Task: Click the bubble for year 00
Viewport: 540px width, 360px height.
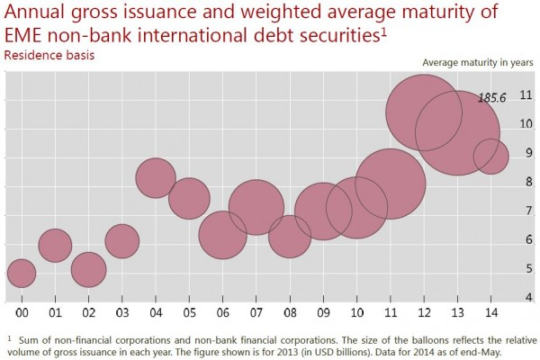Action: (x=21, y=272)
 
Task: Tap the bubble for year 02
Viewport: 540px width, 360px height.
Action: (x=88, y=269)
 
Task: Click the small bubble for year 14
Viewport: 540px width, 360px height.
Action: (x=490, y=156)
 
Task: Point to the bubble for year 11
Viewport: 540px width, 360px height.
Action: (x=390, y=184)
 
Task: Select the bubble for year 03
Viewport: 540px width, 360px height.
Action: (x=121, y=241)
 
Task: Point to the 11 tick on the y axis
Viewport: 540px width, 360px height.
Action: (x=526, y=95)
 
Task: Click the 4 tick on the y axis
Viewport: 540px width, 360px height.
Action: (x=527, y=297)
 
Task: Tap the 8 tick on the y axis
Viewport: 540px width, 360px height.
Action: (x=527, y=182)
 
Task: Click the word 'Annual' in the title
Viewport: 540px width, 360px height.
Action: (x=35, y=13)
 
